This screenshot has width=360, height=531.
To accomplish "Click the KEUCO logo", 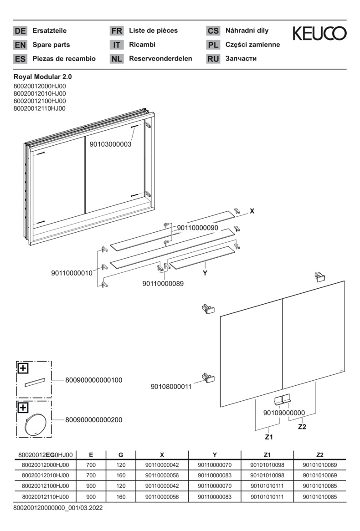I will (319, 33).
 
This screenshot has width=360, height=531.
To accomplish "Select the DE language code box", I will (20, 31).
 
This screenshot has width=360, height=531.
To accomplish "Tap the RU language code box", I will (213, 59).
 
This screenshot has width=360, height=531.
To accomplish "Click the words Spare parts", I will (51, 45).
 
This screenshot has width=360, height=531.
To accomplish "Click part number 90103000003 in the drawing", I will (110, 144).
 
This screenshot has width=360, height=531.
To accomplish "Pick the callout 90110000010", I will (72, 273).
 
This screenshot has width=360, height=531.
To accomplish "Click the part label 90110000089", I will (163, 283).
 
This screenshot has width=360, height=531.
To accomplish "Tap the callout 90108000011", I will (171, 387).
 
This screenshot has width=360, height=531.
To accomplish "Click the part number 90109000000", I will (284, 413).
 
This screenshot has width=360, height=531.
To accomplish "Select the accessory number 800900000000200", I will (94, 419).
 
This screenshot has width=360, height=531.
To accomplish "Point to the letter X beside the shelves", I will (252, 211).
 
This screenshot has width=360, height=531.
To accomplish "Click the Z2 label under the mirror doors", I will (302, 427).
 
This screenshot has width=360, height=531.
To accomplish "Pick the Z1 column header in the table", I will (267, 454).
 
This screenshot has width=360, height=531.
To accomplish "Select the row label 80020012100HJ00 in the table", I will (45, 486).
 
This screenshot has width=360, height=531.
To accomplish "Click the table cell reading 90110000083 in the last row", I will (215, 497).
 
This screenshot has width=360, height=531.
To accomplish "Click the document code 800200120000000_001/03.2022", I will (58, 507).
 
